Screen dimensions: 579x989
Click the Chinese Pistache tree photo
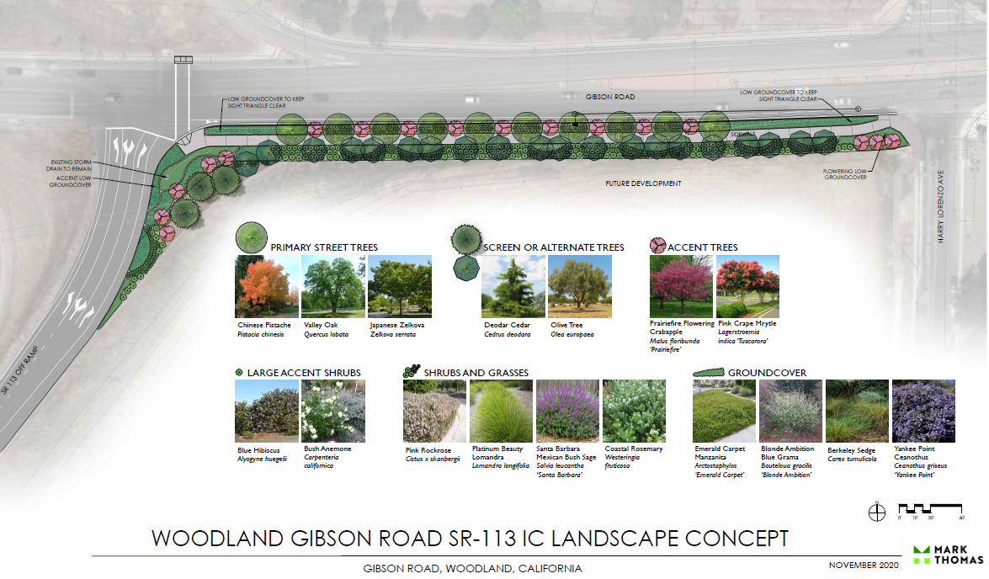pos(267,286)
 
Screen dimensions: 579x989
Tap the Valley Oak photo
pos(333,286)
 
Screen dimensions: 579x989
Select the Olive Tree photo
pos(580,286)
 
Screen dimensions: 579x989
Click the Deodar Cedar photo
pos(513,286)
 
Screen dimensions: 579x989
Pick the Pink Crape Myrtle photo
pos(747,286)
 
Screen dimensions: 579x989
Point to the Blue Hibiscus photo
pos(267,412)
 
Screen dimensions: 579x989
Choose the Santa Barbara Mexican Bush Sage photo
pos(566,412)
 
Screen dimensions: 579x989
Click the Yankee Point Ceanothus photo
pos(923,412)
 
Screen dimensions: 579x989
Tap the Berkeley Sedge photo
pos(857,412)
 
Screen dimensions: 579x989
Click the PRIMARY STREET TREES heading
pos(324,247)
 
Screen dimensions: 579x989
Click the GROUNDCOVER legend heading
pos(767,372)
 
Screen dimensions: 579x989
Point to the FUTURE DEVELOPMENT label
pos(643,183)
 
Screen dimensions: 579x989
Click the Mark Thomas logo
pos(947,555)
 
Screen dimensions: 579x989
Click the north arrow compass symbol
pos(877,511)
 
